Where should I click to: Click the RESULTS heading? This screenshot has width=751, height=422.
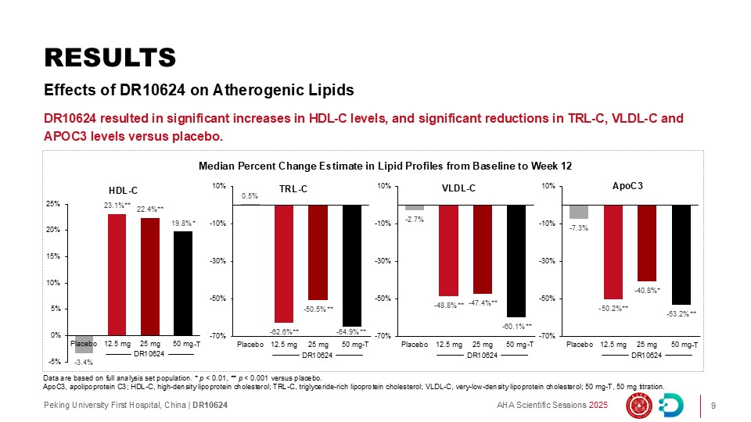110,57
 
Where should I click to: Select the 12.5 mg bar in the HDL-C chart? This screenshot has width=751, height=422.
117,274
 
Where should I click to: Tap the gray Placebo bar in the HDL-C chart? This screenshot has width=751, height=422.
84,344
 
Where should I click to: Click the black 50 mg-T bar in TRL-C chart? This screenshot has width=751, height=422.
351,266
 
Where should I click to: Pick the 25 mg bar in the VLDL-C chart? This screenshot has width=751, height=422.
483,249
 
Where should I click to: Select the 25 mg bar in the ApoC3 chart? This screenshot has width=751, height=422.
647,243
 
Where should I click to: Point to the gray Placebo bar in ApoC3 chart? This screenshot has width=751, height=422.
579,212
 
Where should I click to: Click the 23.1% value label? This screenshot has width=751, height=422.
117,206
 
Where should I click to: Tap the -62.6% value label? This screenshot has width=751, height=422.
284,331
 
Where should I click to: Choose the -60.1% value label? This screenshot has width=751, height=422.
517,327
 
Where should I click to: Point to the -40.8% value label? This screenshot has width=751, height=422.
647,290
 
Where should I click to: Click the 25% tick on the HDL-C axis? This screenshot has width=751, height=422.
53,204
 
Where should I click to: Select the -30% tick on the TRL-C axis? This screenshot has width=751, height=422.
219,261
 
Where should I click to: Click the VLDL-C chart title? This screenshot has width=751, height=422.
458,188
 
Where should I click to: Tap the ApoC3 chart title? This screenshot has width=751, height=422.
627,186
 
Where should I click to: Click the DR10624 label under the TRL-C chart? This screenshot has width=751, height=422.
317,356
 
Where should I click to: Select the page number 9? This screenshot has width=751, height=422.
713,406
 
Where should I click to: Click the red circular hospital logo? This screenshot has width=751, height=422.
639,406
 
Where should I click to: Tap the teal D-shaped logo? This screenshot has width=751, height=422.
671,406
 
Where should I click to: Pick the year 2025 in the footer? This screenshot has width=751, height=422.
598,406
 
